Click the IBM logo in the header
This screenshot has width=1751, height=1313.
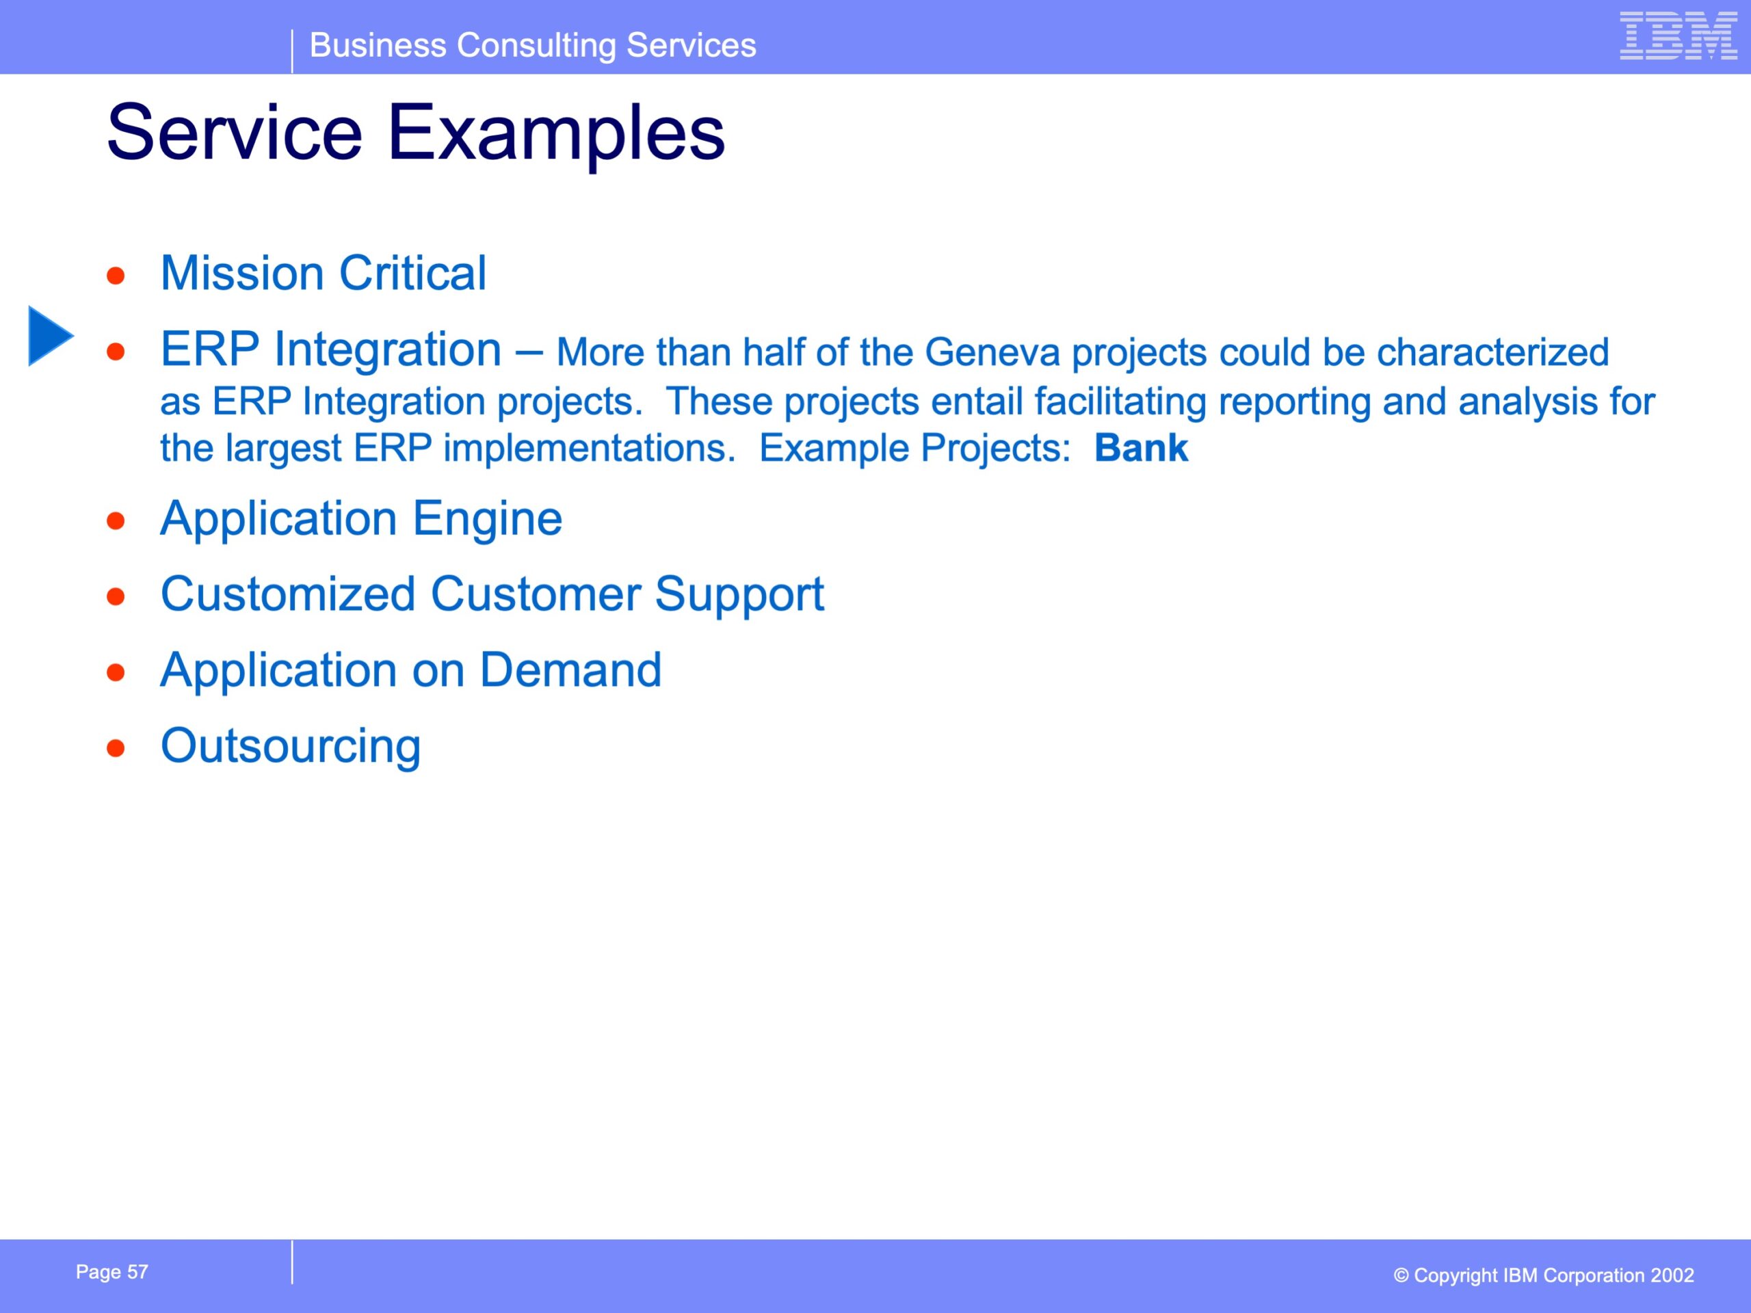tap(1678, 36)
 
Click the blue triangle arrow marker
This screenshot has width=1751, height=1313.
tap(51, 336)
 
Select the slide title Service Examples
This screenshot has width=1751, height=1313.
tap(416, 133)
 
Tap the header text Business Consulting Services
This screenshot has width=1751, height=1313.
tap(533, 45)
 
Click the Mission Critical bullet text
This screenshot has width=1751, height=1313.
tap(323, 273)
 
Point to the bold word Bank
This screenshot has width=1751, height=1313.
tap(1141, 448)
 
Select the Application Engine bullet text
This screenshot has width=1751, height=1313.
tap(361, 519)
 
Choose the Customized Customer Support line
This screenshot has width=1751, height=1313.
tap(492, 594)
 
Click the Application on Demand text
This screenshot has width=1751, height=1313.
tap(411, 670)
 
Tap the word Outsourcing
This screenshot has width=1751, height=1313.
tap(291, 746)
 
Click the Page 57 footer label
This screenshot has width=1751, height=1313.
tap(111, 1272)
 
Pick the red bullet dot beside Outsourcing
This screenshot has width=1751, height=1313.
tap(116, 748)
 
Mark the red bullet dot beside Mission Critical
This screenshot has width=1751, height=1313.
tap(116, 276)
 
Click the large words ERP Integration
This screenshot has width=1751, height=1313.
tap(331, 350)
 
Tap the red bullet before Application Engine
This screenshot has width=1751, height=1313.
tap(116, 521)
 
